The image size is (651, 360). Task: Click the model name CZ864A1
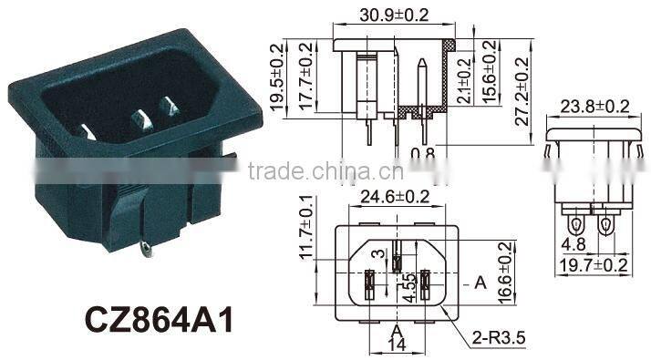tap(157, 319)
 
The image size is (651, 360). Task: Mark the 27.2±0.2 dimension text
tap(521, 88)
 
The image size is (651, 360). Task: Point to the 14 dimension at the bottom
tap(395, 345)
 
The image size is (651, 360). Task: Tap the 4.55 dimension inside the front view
tap(411, 288)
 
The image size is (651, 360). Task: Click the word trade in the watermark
tap(277, 172)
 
